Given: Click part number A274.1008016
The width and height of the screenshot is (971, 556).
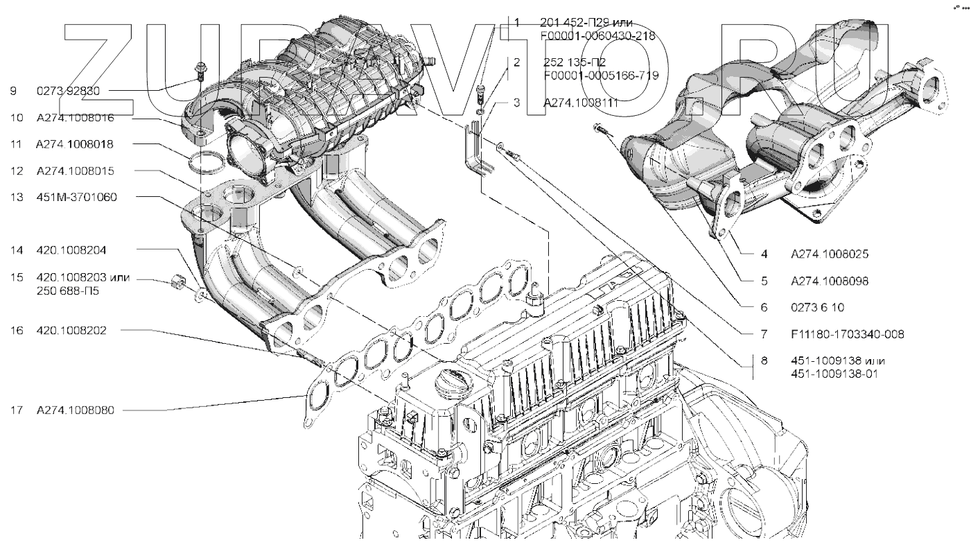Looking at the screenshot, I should point(75,118).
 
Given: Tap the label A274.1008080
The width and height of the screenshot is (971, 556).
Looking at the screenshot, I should point(75,410).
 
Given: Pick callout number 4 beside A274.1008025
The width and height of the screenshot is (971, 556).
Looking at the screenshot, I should point(763,254).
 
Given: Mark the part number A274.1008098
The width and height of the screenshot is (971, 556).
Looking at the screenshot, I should point(831,281).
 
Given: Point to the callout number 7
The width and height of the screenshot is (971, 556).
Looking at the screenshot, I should point(763,334).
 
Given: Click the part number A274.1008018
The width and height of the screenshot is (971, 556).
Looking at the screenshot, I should point(75,144).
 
